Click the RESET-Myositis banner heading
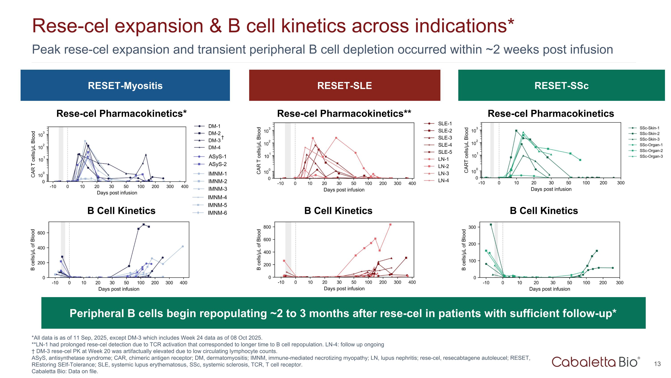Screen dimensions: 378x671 point(125,86)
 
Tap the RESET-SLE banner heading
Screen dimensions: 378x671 point(344,86)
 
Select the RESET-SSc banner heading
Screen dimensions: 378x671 point(561,86)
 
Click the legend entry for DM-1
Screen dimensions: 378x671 point(214,126)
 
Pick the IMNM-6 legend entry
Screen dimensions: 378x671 point(217,213)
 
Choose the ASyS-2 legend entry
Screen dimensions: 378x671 point(217,164)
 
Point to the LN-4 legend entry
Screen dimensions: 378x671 point(443,181)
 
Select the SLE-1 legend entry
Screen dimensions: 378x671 point(445,124)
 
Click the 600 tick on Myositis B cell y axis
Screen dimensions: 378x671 point(41,233)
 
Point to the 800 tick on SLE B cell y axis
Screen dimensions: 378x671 point(267,227)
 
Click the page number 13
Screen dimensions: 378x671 point(657,364)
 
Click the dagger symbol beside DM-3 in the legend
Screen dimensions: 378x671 point(223,137)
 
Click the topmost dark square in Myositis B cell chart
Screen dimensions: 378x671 point(144,224)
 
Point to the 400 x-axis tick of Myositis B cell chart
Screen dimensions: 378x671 point(183,283)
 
